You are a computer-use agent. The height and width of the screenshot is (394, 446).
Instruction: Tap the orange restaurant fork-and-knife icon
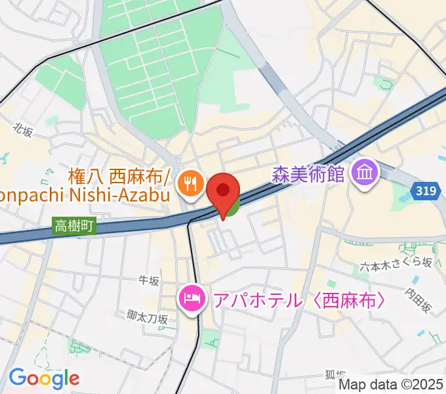click(x=191, y=183)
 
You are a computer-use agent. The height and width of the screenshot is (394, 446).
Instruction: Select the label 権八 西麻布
click(x=119, y=176)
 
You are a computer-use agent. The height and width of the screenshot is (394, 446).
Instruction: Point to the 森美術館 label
click(x=308, y=174)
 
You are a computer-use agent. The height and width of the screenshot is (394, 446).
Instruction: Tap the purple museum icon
click(x=363, y=173)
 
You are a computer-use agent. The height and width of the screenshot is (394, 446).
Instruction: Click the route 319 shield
click(x=426, y=190)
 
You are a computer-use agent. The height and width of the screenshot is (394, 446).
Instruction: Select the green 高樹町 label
click(x=73, y=227)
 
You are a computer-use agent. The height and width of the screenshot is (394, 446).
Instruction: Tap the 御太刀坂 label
click(x=148, y=318)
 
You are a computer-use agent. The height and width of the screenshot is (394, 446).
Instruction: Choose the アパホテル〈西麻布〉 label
click(x=296, y=301)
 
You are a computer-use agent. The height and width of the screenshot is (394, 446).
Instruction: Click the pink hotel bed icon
click(x=190, y=300)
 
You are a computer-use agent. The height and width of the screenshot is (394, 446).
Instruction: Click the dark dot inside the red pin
click(x=223, y=190)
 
